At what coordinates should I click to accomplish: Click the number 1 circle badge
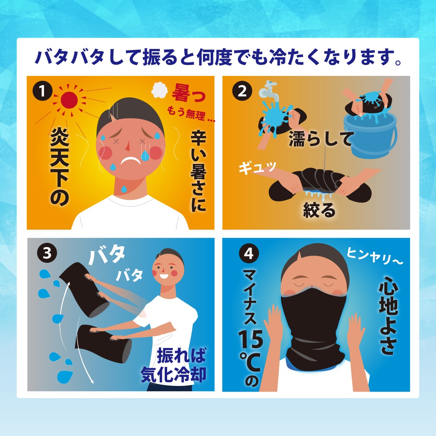(43, 91)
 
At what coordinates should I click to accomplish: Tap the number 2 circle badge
(242, 91)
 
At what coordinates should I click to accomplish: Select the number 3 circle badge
(47, 253)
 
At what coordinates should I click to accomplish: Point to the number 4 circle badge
(249, 253)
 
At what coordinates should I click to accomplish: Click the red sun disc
(69, 100)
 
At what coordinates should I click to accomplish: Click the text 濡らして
(321, 138)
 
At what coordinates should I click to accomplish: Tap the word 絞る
(319, 210)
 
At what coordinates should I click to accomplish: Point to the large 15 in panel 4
(251, 339)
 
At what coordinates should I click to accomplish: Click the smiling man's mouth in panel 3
(163, 276)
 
